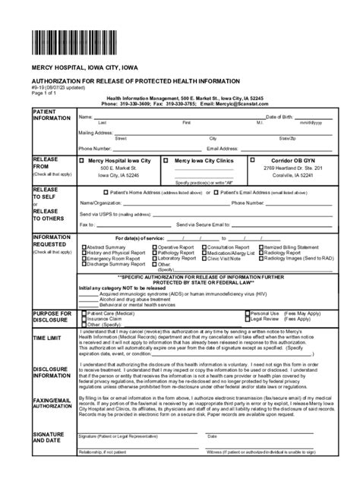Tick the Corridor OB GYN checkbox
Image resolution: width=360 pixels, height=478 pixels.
(x=253, y=161)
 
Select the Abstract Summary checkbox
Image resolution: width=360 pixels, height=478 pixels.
(x=84, y=247)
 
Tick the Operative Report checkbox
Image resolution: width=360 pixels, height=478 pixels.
(x=154, y=247)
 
